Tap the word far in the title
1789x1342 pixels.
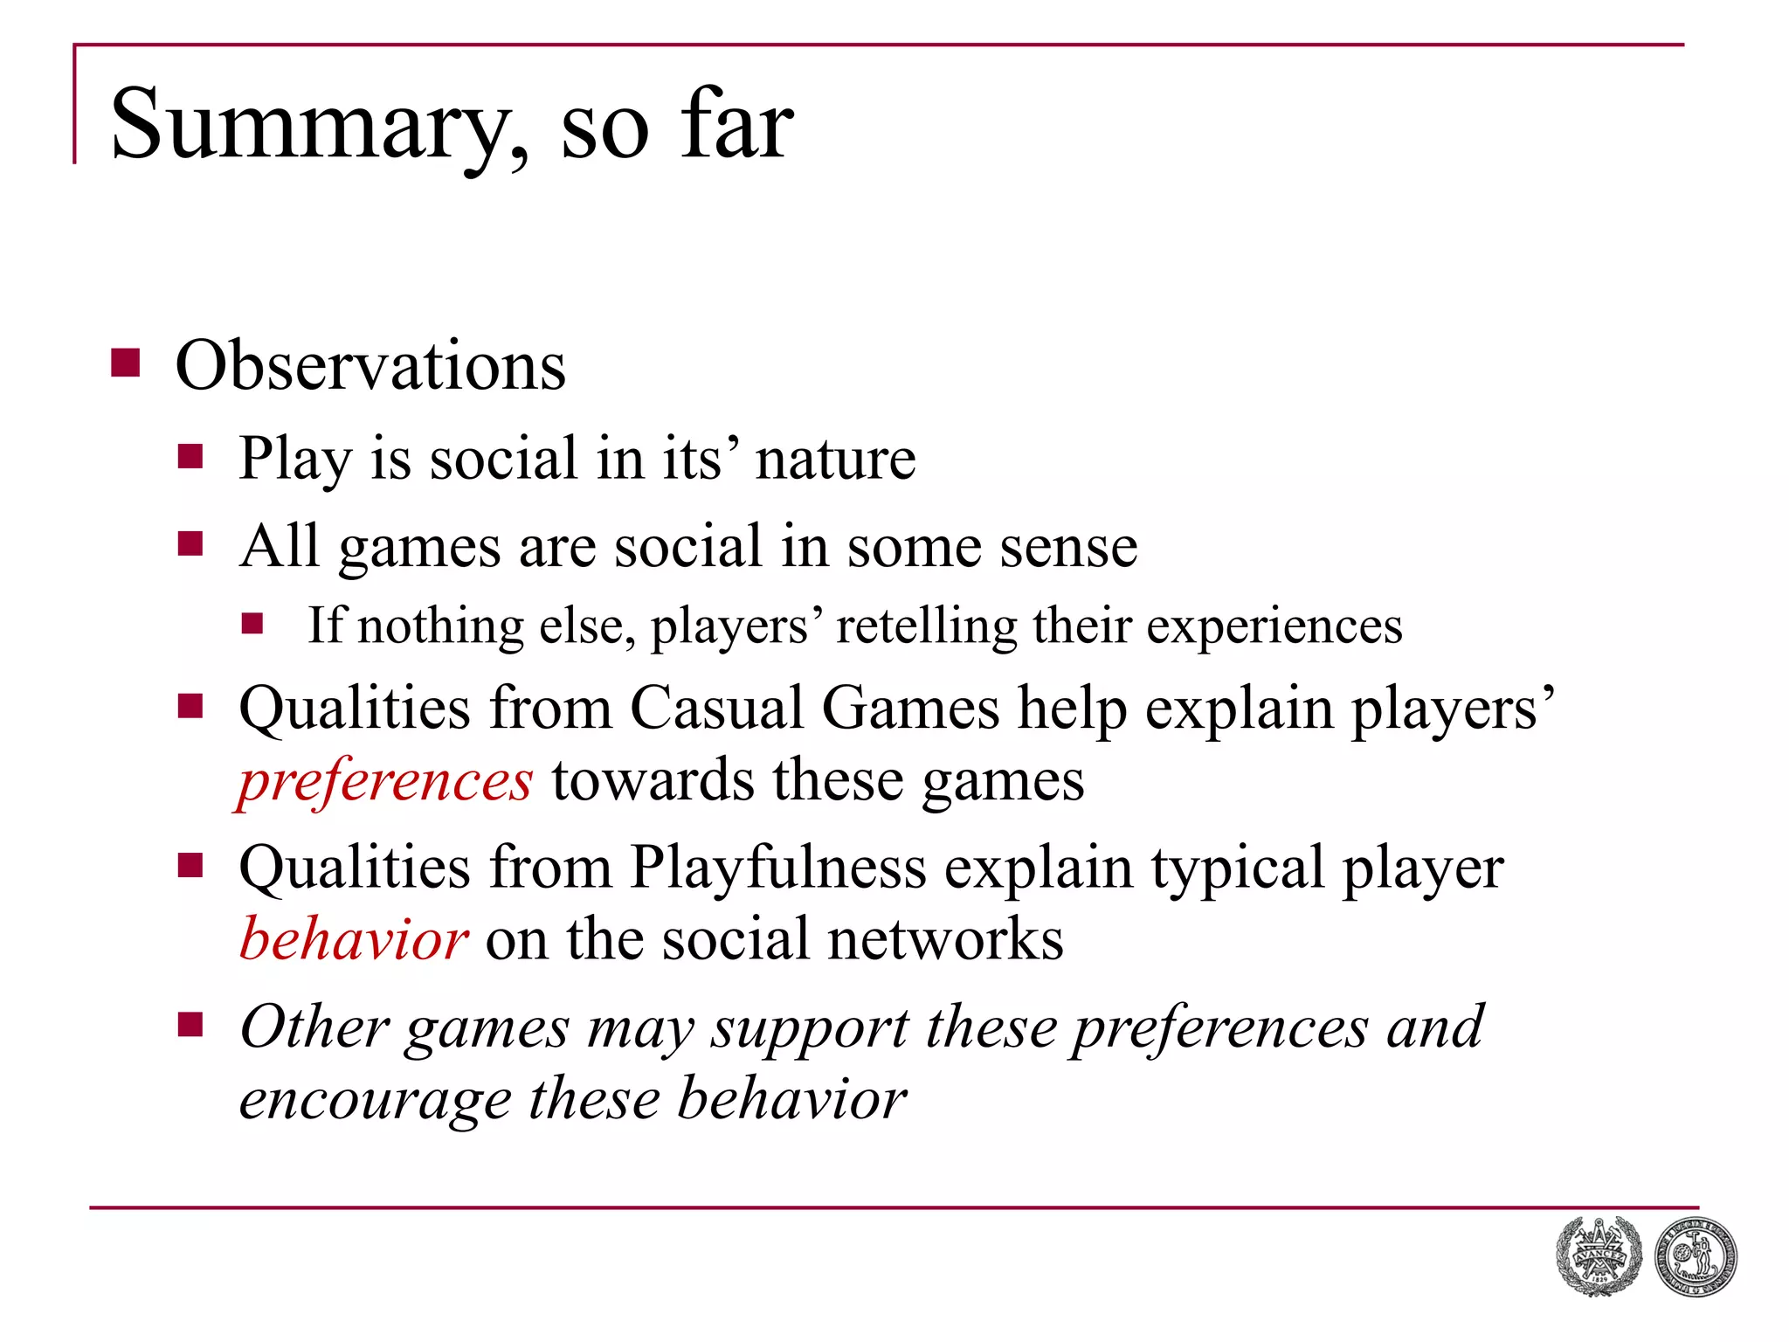point(738,124)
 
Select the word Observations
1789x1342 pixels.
point(370,365)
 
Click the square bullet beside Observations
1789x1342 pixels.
point(126,363)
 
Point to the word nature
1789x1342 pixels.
point(835,458)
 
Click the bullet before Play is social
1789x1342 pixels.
point(190,456)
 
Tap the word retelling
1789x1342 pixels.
point(927,626)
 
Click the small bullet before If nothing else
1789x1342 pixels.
point(253,623)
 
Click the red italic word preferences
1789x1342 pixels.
point(385,780)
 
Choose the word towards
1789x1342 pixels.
point(653,780)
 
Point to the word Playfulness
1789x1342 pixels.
point(778,868)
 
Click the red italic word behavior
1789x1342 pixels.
point(354,939)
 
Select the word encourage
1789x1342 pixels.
point(376,1099)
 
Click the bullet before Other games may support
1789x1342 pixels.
point(190,1024)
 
